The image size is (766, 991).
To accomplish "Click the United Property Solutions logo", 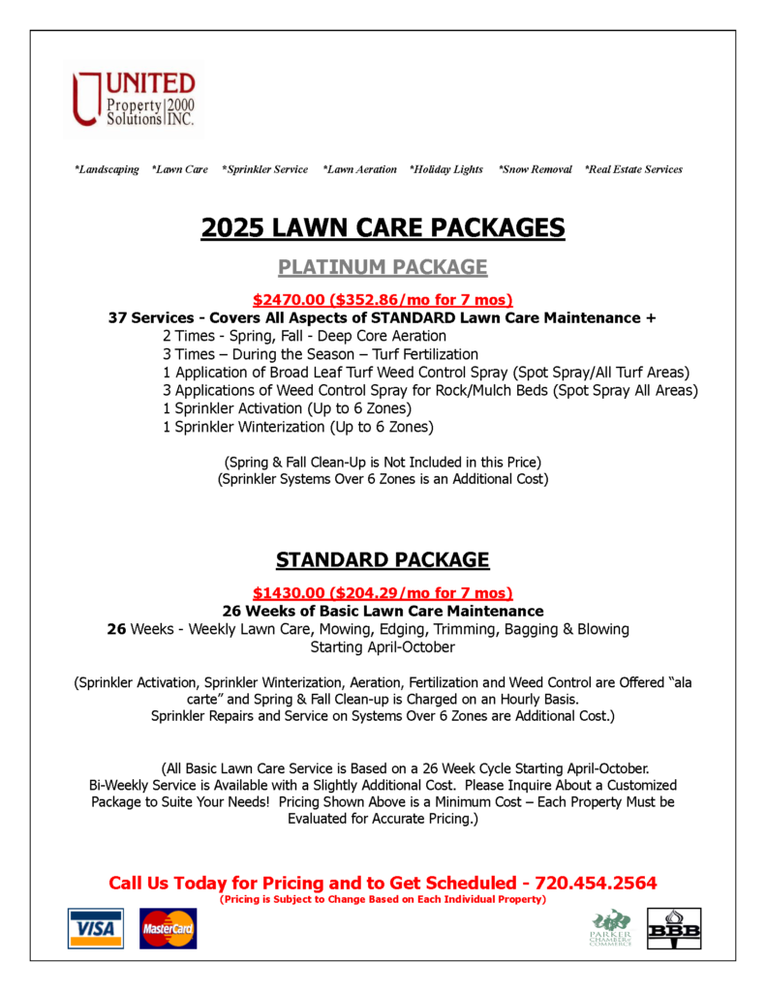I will pos(134,99).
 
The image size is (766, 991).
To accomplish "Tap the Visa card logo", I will pos(95,928).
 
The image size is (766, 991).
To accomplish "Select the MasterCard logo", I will pos(168,928).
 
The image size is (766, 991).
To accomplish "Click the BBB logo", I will pos(674,928).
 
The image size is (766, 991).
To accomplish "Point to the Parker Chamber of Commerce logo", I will pos(611,928).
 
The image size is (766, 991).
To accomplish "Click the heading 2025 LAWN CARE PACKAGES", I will pos(383,227).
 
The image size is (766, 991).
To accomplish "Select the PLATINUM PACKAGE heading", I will pos(383,267).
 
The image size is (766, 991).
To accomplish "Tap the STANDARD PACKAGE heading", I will pos(383,559).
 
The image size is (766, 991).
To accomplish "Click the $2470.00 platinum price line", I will pos(383,300).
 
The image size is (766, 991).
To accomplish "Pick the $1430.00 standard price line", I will pos(383,593).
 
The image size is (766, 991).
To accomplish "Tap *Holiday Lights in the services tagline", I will pos(445,169).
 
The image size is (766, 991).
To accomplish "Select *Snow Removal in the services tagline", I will pos(535,169).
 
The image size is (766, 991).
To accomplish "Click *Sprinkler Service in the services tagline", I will pos(264,169).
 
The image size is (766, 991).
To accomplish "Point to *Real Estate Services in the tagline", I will pos(633,169).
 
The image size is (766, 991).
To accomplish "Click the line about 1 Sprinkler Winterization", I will pos(297,427).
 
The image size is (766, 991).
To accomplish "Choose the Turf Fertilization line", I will pos(320,354).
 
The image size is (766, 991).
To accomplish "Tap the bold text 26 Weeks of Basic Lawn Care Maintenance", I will pos(383,612).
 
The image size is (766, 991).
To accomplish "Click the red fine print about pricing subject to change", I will pos(383,899).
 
